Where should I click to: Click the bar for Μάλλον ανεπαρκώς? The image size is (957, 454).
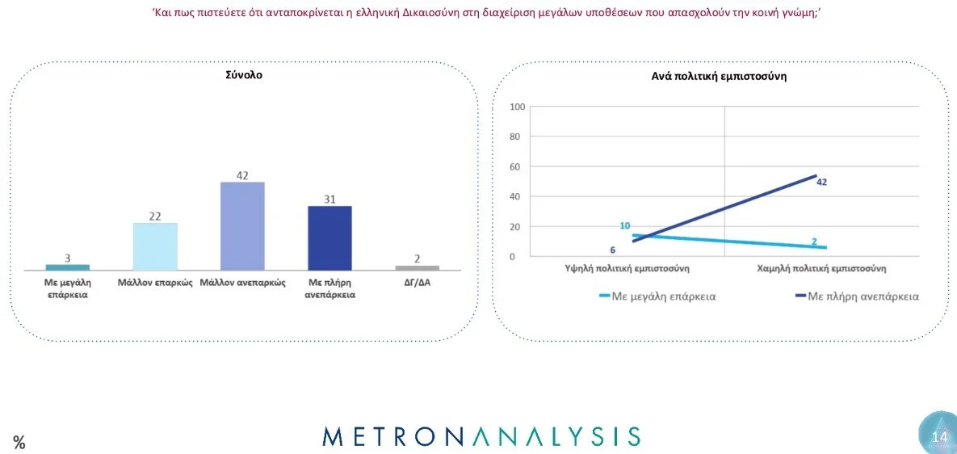tap(242, 226)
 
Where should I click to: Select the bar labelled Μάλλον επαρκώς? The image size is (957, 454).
tap(155, 246)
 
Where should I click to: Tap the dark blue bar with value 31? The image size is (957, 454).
tap(329, 238)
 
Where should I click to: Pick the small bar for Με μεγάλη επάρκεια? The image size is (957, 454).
tap(68, 267)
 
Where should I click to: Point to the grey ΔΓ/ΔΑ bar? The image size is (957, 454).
tap(418, 267)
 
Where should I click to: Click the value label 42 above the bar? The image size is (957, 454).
tap(242, 174)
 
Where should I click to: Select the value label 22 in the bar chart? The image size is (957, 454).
tap(155, 216)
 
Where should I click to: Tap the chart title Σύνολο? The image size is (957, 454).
tap(244, 75)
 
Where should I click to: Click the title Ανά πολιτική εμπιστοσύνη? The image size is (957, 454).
tap(719, 76)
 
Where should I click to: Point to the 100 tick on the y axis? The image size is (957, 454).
tap(518, 107)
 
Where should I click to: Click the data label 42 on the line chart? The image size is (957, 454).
tap(821, 183)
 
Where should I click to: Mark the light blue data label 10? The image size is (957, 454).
tap(625, 226)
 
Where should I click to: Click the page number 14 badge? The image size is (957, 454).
tap(938, 437)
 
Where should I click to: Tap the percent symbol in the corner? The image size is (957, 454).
tap(19, 443)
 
